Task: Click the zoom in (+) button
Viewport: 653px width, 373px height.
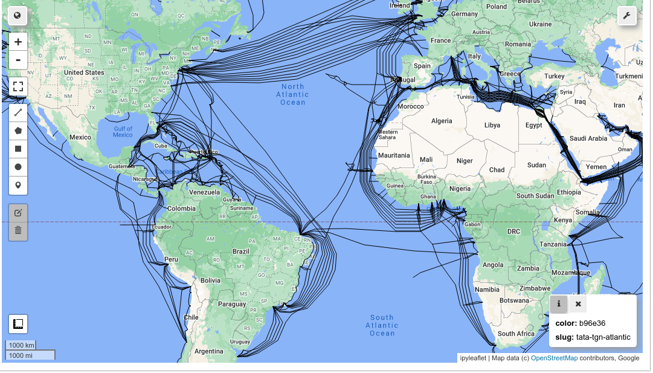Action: pyautogui.click(x=18, y=42)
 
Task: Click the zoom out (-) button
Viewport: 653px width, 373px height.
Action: pyautogui.click(x=18, y=60)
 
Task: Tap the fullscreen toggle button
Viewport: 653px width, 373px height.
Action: pyautogui.click(x=18, y=86)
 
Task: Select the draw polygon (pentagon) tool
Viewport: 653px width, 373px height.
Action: pyautogui.click(x=18, y=130)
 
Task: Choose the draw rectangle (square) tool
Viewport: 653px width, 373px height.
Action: pyautogui.click(x=18, y=148)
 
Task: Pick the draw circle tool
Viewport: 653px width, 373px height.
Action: pyautogui.click(x=18, y=167)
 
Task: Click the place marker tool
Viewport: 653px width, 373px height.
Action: pyautogui.click(x=18, y=185)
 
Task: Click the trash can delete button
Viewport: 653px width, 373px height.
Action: pyautogui.click(x=18, y=230)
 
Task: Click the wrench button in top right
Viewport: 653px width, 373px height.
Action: pyautogui.click(x=627, y=16)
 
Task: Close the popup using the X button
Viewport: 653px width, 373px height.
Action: pyautogui.click(x=578, y=304)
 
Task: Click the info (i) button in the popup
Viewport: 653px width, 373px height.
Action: pyautogui.click(x=559, y=304)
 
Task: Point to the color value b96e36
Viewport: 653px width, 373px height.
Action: pyautogui.click(x=592, y=323)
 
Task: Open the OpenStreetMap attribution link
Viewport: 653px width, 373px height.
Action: pyautogui.click(x=554, y=358)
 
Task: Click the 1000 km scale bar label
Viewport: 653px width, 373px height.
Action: pyautogui.click(x=21, y=345)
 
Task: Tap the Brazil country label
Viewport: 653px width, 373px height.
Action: pyautogui.click(x=240, y=251)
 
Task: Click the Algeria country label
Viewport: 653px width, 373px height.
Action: pyautogui.click(x=442, y=121)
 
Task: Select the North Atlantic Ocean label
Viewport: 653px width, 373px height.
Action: pyautogui.click(x=292, y=94)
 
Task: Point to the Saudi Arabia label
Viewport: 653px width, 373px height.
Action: pyautogui.click(x=588, y=138)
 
